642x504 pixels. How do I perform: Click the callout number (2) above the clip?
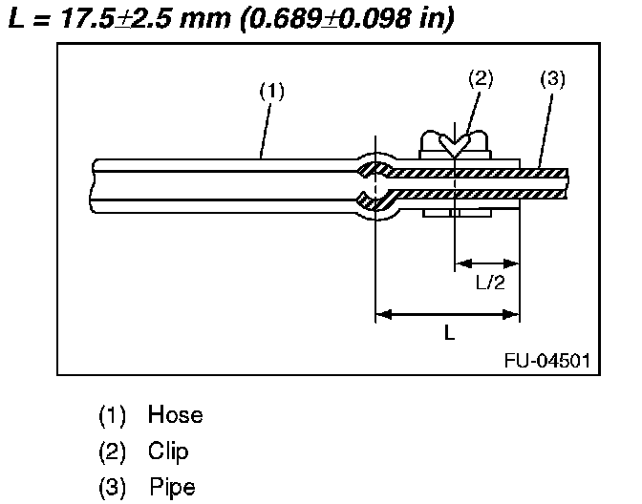tap(481, 79)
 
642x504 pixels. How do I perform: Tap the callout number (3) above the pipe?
tap(552, 79)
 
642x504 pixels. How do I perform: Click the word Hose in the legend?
tap(175, 416)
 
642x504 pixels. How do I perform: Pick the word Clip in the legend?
tap(168, 451)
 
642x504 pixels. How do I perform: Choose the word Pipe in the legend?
tap(172, 487)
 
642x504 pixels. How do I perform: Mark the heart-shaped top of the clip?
tap(457, 144)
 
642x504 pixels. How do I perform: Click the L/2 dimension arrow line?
tap(487, 262)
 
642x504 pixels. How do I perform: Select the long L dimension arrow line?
tap(448, 311)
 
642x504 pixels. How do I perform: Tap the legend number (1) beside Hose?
tap(112, 416)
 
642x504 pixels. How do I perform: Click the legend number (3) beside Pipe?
tap(112, 487)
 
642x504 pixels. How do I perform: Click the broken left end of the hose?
tap(94, 184)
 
